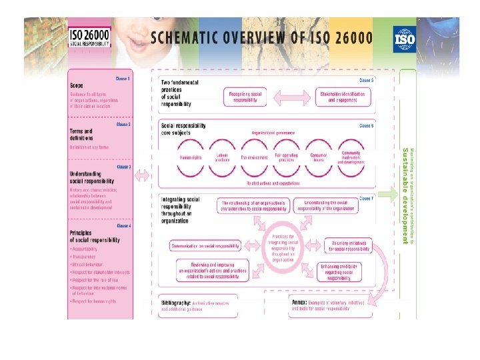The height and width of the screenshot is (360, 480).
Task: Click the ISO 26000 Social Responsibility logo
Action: tap(90, 37)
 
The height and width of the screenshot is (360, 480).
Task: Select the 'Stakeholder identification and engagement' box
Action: tap(342, 97)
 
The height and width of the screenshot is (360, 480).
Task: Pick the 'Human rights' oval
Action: tap(190, 157)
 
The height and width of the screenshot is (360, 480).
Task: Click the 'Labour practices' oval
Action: tap(222, 157)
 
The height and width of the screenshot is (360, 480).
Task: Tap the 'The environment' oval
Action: tap(254, 157)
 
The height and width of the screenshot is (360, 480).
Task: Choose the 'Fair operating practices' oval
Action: tap(287, 157)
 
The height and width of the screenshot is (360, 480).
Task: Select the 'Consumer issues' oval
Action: tap(318, 157)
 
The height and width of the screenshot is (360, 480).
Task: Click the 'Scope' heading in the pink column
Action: tap(77, 85)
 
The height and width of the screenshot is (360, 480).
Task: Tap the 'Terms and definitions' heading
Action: tap(81, 135)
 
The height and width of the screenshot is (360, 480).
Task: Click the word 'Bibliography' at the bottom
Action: tap(176, 303)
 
